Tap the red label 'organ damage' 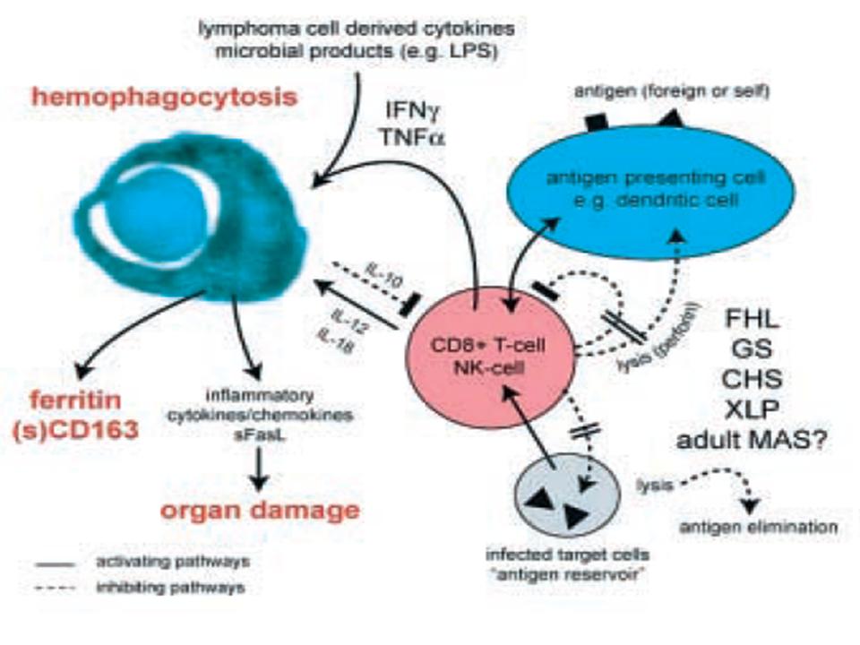pyautogui.click(x=260, y=511)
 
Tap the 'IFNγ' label pyautogui.click(x=411, y=113)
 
